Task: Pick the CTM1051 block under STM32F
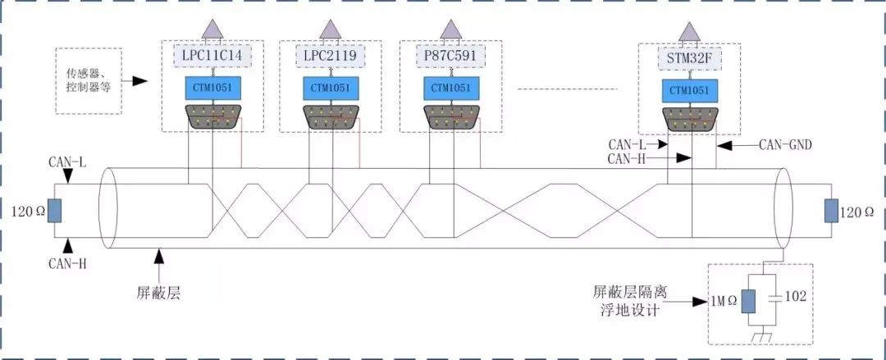point(691,91)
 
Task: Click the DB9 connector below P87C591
point(451,116)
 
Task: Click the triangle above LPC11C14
point(213,30)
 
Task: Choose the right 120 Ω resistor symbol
point(831,212)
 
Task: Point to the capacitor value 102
point(795,297)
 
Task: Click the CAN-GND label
point(785,144)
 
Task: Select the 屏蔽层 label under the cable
point(158,293)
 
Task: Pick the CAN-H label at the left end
point(67,262)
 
